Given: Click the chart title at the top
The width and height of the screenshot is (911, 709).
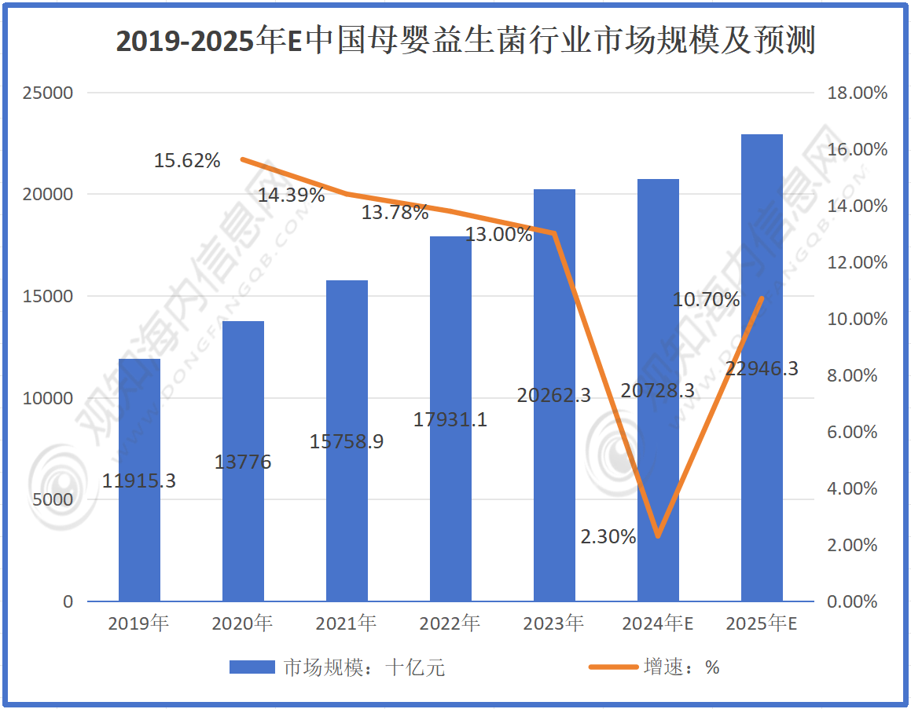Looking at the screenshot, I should [465, 41].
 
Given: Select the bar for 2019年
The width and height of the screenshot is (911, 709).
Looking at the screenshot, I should [139, 480].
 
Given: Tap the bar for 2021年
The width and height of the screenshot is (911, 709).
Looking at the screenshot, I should [347, 440].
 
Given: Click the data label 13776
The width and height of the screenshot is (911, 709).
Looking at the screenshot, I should [243, 462].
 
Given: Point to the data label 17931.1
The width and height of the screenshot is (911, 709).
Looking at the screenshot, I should [450, 420].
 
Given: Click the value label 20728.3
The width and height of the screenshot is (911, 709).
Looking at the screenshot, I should [657, 389].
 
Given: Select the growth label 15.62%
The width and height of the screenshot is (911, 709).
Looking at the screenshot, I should [187, 161].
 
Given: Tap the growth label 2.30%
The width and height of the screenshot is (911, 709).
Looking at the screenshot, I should [608, 537].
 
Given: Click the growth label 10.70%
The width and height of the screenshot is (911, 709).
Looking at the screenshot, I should [707, 299].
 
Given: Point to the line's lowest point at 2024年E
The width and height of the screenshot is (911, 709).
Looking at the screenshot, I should [658, 536].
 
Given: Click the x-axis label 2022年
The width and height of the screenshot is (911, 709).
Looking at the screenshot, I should [450, 624].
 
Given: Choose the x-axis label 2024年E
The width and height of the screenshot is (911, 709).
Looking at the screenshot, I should [657, 624].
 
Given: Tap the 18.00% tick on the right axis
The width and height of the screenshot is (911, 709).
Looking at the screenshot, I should [858, 93].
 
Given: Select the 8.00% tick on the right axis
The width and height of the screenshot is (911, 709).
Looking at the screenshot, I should [854, 376].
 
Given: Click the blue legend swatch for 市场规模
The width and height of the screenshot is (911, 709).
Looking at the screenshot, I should [252, 667].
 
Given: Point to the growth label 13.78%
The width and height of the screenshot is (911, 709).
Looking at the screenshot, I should [395, 212].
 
